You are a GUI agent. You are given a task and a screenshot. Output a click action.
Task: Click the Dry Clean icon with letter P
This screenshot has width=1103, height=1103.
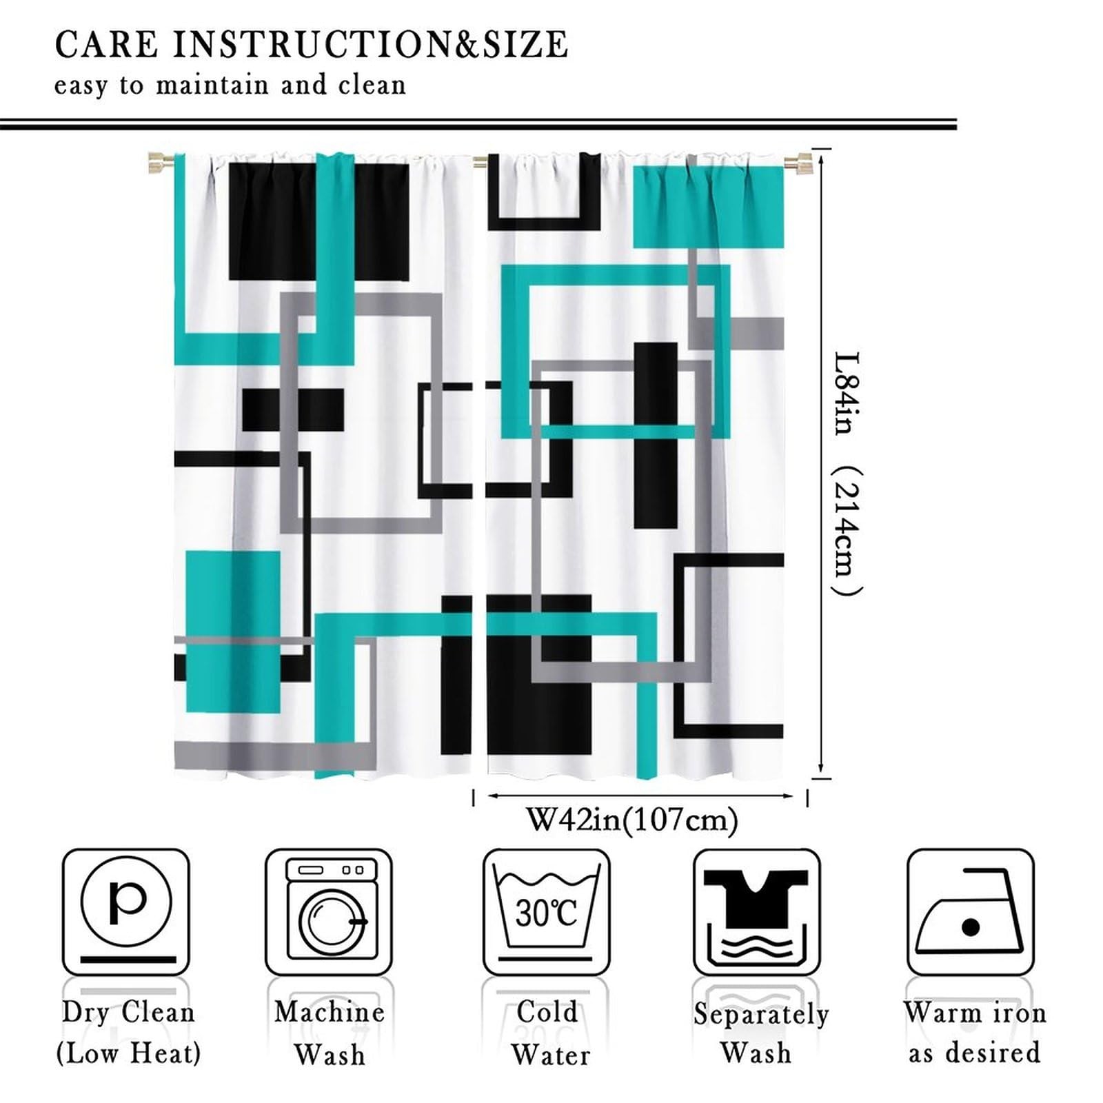126,911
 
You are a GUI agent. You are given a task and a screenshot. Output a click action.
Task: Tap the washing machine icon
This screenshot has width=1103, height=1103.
329,911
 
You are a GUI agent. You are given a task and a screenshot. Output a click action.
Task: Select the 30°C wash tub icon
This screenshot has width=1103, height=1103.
546,911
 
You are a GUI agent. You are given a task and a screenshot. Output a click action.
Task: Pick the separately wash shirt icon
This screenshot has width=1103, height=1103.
757,911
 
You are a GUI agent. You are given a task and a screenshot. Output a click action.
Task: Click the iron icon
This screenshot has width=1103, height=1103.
970,911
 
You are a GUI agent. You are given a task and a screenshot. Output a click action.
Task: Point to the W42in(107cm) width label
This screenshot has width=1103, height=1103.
632,820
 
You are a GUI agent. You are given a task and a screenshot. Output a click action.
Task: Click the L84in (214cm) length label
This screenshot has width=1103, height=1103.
847,473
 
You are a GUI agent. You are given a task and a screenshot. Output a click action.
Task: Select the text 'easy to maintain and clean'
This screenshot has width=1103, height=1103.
230,85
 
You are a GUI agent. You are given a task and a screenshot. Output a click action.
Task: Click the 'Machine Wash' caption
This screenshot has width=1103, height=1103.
330,1033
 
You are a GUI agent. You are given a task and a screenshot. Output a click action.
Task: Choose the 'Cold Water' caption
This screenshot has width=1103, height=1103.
549,1033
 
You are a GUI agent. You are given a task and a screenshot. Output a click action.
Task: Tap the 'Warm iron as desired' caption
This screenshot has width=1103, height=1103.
974,1032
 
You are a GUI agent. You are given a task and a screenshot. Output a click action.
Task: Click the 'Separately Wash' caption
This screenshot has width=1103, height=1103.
760,1033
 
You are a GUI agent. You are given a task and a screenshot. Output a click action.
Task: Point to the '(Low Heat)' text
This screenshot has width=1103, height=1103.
128,1053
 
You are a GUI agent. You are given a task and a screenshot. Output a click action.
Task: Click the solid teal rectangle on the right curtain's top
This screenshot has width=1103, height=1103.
709,207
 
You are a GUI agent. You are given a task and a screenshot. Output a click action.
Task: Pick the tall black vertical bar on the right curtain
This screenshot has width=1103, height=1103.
656,435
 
